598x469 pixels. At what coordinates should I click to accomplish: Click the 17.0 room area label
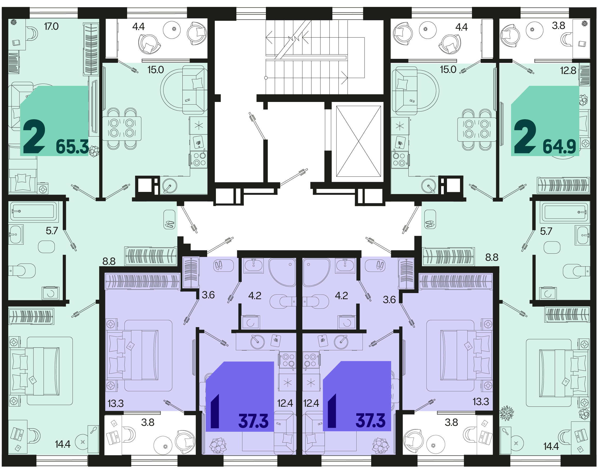pyautogui.click(x=51, y=27)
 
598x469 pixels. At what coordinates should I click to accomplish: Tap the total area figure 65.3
pyautogui.click(x=72, y=147)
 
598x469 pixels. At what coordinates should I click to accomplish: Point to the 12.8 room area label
pyautogui.click(x=568, y=71)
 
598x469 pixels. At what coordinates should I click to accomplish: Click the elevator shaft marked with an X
pyautogui.click(x=358, y=141)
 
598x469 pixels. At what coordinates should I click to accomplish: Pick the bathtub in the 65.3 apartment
pyautogui.click(x=34, y=212)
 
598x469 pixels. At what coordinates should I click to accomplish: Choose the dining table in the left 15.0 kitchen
pyautogui.click(x=122, y=129)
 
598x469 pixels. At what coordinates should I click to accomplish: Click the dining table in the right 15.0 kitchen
pyautogui.click(x=476, y=129)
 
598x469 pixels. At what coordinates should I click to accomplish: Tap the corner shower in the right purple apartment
pyautogui.click(x=315, y=272)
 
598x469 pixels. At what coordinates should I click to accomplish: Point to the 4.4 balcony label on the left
pyautogui.click(x=138, y=27)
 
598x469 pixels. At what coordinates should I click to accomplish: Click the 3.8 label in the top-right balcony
pyautogui.click(x=558, y=26)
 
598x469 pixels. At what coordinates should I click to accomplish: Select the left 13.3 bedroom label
pyautogui.click(x=115, y=404)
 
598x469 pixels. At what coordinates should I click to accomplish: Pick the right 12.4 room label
pyautogui.click(x=311, y=403)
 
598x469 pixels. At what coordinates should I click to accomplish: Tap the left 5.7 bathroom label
pyautogui.click(x=52, y=231)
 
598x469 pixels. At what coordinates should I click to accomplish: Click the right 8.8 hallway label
pyautogui.click(x=492, y=257)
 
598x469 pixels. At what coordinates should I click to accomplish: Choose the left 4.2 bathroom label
pyautogui.click(x=254, y=295)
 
